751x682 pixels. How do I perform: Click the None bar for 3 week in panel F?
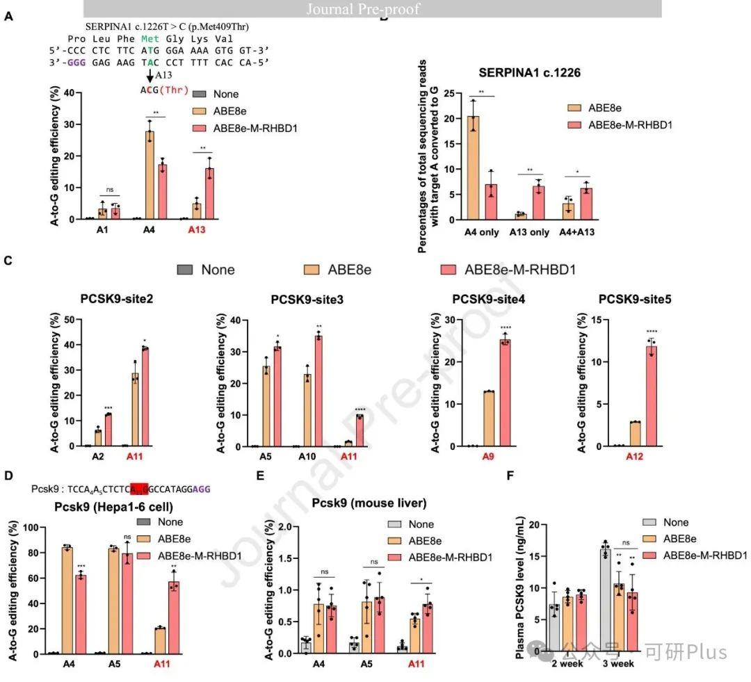[605, 600]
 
